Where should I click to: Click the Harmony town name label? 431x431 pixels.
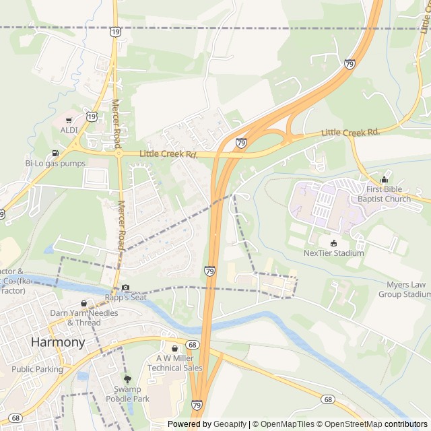[x=58, y=342]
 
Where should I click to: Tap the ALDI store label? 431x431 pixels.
[x=69, y=130]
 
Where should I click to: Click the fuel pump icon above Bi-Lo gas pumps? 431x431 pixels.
[x=55, y=153]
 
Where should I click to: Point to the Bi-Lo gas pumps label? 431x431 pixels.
[x=55, y=164]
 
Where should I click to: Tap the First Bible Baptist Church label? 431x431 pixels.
[x=384, y=195]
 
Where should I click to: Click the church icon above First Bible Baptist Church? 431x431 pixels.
[x=384, y=180]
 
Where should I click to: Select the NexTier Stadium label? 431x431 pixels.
[x=333, y=253]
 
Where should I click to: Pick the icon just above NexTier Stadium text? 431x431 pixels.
[x=333, y=242]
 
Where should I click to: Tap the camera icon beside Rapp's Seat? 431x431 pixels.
[x=125, y=288]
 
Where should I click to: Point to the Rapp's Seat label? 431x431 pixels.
[x=125, y=298]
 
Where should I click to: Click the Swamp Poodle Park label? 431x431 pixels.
[x=127, y=394]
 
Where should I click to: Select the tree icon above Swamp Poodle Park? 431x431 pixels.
[x=127, y=379]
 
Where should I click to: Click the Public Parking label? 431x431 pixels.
[x=37, y=369]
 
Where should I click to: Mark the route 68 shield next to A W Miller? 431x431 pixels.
[x=193, y=345]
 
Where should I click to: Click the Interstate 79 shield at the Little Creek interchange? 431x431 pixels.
[x=241, y=143]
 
